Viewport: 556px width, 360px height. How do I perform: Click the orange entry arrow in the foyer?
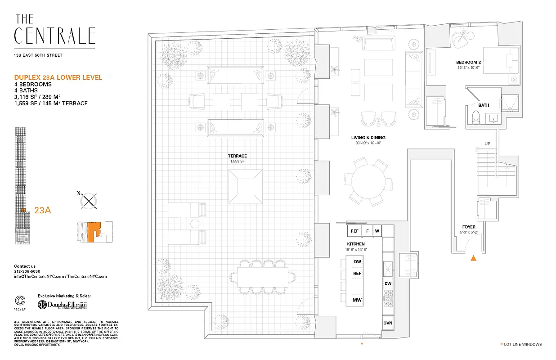[x=473, y=258]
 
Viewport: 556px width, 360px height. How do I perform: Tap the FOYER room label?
[x=470, y=227]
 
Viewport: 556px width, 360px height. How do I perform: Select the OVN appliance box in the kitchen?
[x=388, y=323]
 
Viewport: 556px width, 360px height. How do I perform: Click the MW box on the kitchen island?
[x=358, y=300]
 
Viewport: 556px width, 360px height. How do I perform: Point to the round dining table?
[x=368, y=181]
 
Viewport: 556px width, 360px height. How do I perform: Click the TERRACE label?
[x=237, y=156]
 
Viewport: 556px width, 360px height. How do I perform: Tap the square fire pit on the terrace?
[x=246, y=185]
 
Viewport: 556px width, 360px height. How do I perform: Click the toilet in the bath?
[x=477, y=117]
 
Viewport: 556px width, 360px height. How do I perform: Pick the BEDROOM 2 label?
[x=468, y=62]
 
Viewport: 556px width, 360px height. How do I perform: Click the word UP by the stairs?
[x=487, y=144]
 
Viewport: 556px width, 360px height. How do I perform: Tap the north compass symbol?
[x=89, y=200]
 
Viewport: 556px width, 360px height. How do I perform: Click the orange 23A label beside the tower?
[x=42, y=210]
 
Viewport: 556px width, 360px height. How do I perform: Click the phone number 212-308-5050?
[x=27, y=271]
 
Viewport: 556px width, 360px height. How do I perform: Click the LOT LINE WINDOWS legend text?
[x=524, y=344]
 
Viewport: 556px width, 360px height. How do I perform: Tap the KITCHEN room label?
[x=356, y=244]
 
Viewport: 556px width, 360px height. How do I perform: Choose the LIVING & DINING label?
[x=368, y=138]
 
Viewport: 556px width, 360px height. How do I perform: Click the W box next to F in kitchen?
[x=377, y=231]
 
